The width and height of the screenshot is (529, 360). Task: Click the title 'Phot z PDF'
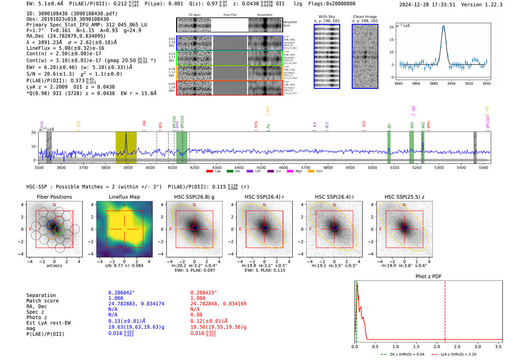coord(428,277)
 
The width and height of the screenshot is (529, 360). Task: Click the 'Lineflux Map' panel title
coord(124,197)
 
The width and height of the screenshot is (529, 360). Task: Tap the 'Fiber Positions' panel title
coord(54,197)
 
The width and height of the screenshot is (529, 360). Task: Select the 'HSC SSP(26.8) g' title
coord(194,197)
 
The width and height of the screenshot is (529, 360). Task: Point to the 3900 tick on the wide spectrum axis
coord(128,168)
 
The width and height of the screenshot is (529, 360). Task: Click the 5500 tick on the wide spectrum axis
coord(483,168)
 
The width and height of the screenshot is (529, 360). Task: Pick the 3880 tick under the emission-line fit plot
coord(434,83)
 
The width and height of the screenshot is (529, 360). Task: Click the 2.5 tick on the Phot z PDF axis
coord(457,346)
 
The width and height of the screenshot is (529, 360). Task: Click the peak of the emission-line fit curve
coord(443,26)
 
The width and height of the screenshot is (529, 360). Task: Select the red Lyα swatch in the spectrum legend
coord(209,172)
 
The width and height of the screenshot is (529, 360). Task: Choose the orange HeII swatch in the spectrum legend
coord(311,172)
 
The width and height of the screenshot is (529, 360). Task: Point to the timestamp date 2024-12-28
coord(415,5)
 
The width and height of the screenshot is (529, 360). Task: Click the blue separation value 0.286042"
coord(121,293)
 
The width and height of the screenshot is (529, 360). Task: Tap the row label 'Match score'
coord(42,301)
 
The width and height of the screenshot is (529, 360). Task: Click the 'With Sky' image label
coord(327,17)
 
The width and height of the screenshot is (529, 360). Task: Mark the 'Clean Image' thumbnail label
coord(365,17)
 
